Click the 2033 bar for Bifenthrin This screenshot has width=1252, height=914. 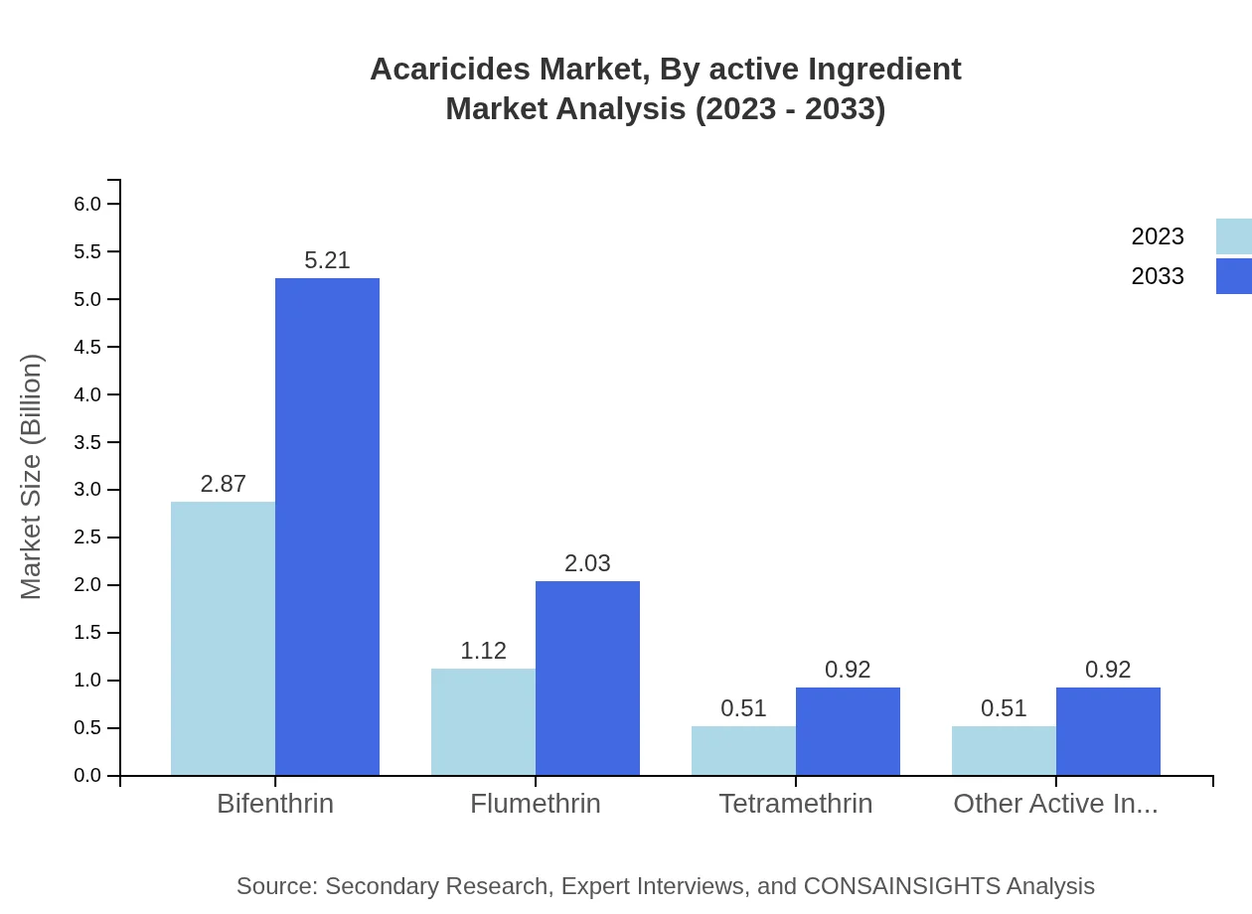[x=327, y=527]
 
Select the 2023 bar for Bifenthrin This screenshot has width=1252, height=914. [x=223, y=638]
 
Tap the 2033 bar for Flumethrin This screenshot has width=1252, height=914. [x=587, y=678]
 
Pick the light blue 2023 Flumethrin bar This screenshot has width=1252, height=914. [x=483, y=721]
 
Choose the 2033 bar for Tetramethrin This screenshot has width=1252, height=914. [x=848, y=730]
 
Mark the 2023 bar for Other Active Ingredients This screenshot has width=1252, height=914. [x=1004, y=750]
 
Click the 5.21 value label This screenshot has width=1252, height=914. [x=327, y=260]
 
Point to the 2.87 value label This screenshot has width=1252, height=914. [x=223, y=484]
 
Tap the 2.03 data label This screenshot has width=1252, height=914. [x=587, y=563]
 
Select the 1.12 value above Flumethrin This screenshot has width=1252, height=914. [x=483, y=651]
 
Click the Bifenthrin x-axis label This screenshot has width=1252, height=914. [x=275, y=804]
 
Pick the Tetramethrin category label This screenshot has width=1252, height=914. [x=796, y=804]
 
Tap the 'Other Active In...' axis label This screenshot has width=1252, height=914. [x=1055, y=804]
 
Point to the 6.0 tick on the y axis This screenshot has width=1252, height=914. [x=88, y=204]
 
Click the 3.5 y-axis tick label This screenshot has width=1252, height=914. [x=88, y=442]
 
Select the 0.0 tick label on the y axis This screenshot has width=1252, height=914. [x=88, y=776]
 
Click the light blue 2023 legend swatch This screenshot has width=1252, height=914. [x=1233, y=236]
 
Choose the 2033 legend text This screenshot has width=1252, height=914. [x=1158, y=276]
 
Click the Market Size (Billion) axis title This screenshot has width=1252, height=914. [x=32, y=477]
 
